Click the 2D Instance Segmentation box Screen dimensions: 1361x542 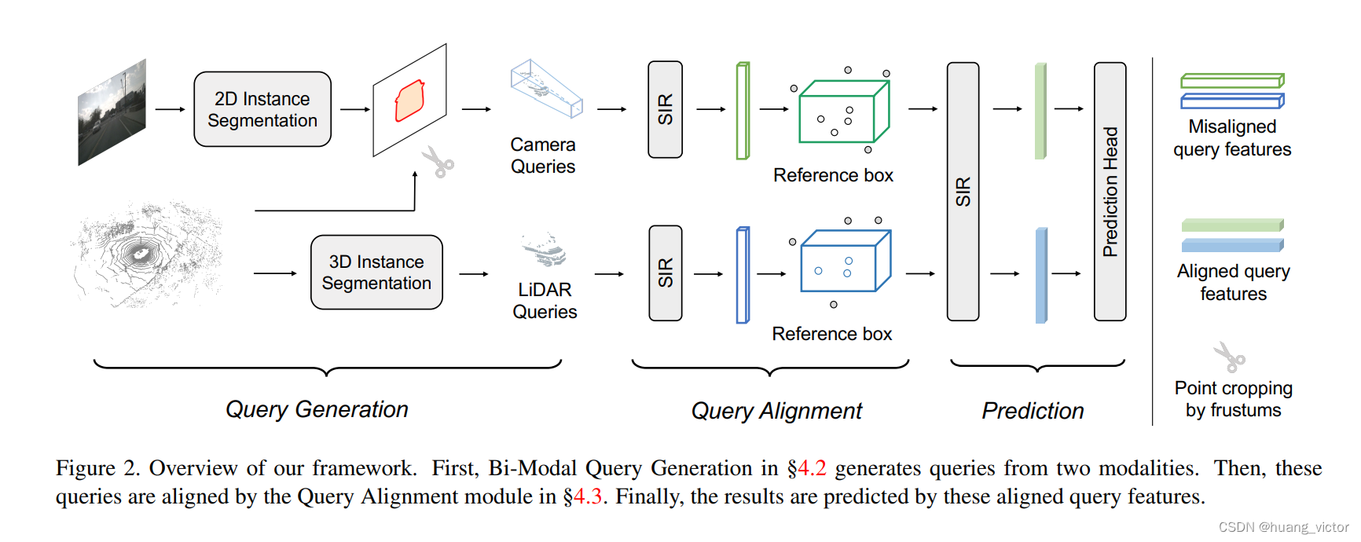click(262, 109)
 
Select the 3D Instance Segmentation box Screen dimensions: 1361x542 click(376, 272)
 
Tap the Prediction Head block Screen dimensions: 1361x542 click(1110, 192)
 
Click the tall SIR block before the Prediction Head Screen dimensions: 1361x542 click(963, 192)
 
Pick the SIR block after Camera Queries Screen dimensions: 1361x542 click(665, 109)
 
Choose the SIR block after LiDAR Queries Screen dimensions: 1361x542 click(665, 273)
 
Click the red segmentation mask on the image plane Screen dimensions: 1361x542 click(409, 101)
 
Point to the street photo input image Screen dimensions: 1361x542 click(112, 112)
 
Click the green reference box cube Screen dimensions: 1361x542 click(842, 113)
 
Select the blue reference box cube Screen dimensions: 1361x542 click(844, 262)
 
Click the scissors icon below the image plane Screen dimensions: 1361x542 click(438, 162)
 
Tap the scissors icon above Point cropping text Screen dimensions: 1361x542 click(1229, 357)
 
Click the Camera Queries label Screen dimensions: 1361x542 click(543, 156)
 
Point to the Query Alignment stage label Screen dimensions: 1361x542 click(776, 411)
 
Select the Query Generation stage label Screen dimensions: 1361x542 click(317, 409)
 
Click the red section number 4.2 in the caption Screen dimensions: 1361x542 click(812, 468)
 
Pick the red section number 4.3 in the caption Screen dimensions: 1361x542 click(587, 497)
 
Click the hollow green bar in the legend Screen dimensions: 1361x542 click(1231, 81)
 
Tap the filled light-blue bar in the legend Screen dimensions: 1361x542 click(1231, 245)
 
